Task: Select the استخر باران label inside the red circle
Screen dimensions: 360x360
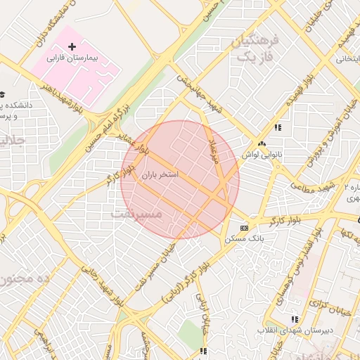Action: tap(160, 173)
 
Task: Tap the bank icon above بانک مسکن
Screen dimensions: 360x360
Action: tap(244, 228)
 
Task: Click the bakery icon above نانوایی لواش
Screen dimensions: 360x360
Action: tap(262, 143)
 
